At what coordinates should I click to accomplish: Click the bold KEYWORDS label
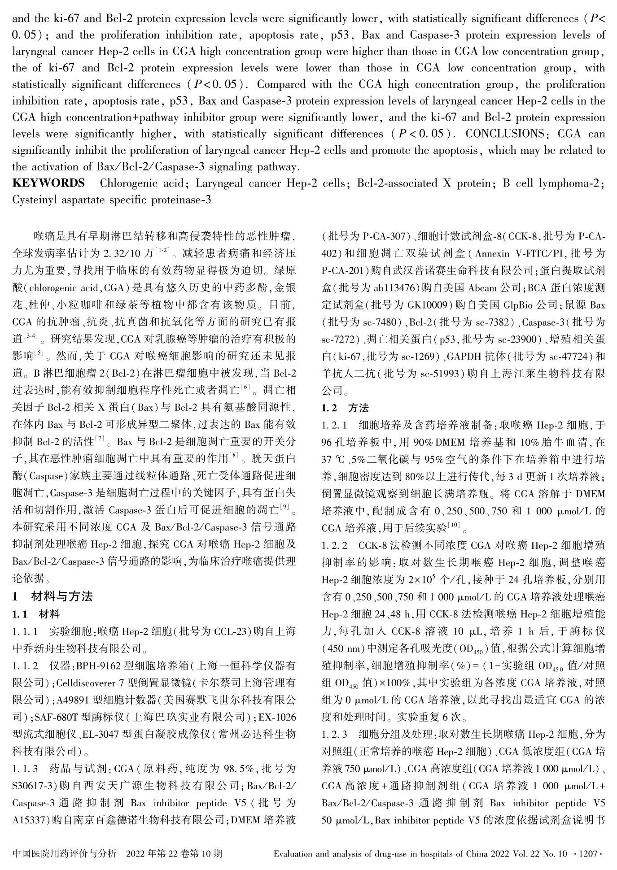tap(48, 183)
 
